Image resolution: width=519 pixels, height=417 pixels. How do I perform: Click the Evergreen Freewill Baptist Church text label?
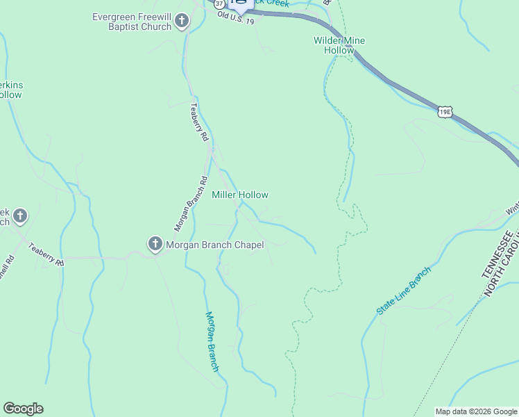pos(132,22)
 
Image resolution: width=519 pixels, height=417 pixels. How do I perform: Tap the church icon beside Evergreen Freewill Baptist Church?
pos(182,21)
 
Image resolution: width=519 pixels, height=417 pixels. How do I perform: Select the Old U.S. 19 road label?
pos(235,18)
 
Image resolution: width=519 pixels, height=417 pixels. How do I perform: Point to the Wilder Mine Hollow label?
pos(339,45)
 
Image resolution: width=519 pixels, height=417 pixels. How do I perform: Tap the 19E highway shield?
pos(445,111)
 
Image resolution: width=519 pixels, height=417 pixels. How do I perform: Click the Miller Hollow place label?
pos(240,195)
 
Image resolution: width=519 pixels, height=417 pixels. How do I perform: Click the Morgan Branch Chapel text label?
pos(215,244)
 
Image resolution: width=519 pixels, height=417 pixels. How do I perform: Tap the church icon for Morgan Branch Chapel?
pos(155,244)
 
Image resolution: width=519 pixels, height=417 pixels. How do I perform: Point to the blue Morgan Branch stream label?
pos(212,341)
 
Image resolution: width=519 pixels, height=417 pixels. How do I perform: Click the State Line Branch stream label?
pos(404,291)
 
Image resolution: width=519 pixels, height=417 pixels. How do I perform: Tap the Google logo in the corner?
pos(23,409)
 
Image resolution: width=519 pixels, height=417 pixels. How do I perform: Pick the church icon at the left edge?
pos(20,216)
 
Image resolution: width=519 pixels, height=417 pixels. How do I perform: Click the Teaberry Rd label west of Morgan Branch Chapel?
pos(48,254)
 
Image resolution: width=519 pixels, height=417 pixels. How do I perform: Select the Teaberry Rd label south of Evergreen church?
pos(199,122)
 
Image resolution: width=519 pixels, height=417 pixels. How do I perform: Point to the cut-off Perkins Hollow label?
pos(11,90)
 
